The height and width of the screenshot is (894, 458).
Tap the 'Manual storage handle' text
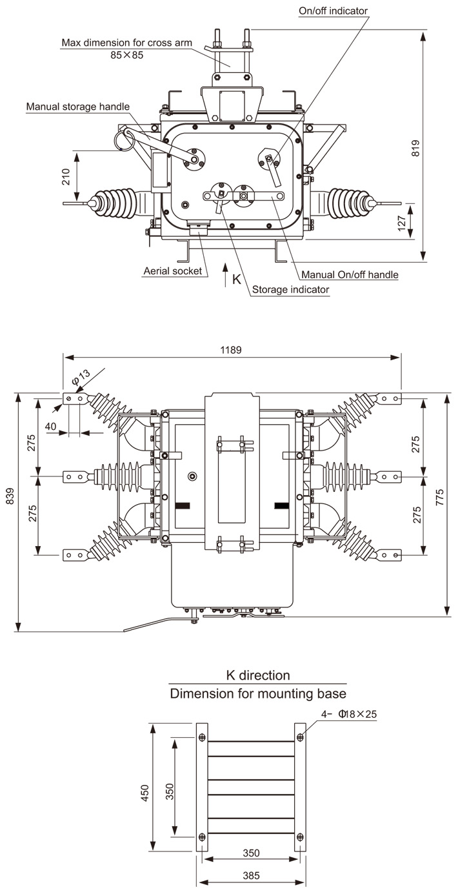(78, 107)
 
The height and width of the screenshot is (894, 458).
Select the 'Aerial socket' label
(172, 270)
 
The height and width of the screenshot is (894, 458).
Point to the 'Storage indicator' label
(290, 290)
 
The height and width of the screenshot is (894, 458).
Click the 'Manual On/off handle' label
(350, 275)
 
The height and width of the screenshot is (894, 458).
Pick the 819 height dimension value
(415, 148)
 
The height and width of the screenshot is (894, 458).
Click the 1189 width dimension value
(230, 350)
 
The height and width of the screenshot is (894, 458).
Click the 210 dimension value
(66, 177)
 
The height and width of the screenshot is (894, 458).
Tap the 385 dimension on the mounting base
(252, 876)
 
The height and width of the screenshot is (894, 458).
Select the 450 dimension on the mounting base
(144, 791)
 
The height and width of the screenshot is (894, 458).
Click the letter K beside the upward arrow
(236, 279)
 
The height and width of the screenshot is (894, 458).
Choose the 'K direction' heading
(257, 675)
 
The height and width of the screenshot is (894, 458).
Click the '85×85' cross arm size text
(126, 56)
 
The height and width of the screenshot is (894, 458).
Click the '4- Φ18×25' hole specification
(350, 715)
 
